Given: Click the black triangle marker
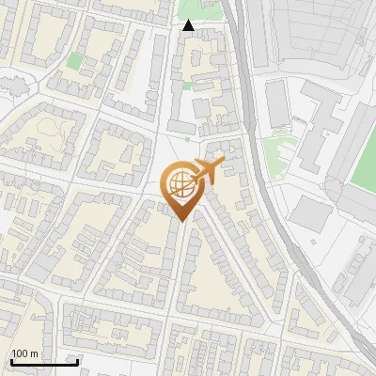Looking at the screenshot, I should point(189,25).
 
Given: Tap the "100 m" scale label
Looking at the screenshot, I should point(24,353).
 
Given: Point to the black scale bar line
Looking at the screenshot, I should point(44,362).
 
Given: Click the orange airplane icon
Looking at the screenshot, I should point(207,171).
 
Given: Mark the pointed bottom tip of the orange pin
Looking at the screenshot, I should point(181,221).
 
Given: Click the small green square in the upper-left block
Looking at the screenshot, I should point(74,61).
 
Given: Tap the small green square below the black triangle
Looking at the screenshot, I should point(187,86).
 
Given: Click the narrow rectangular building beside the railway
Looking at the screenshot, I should point(277,103).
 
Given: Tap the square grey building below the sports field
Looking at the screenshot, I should point(309,215).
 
